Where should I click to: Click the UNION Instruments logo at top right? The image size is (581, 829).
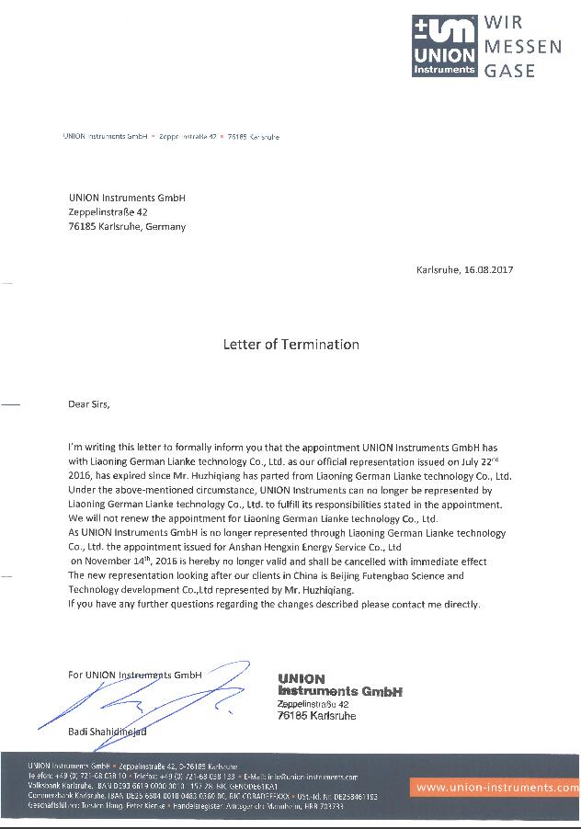tap(444, 45)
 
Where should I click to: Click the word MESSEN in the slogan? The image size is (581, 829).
tap(522, 46)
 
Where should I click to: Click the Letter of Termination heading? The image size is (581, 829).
tap(290, 345)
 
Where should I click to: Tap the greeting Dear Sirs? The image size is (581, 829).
tap(89, 403)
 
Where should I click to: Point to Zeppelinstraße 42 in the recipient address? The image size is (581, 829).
tap(108, 212)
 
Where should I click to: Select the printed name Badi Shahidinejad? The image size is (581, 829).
tap(107, 732)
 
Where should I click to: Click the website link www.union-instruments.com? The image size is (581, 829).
tap(496, 788)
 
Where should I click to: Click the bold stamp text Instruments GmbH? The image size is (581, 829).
tap(339, 691)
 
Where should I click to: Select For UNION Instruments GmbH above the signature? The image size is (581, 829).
tap(134, 675)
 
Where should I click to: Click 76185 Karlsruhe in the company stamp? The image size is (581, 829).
tap(316, 715)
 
